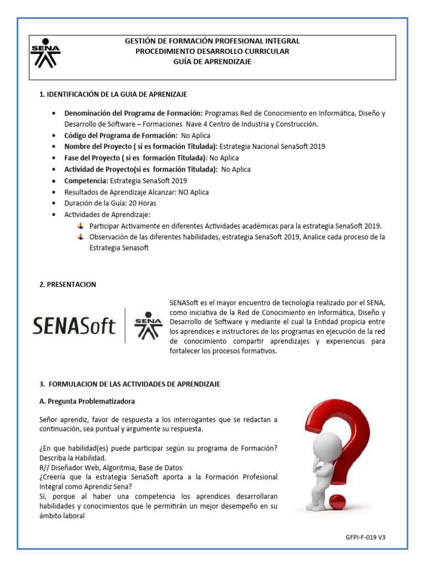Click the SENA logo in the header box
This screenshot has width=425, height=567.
(45, 54)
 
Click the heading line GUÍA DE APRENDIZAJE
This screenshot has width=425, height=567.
(212, 61)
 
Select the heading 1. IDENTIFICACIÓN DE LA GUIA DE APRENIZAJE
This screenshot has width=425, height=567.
(117, 95)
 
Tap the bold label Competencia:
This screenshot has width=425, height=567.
(86, 181)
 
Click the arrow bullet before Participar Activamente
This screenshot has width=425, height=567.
(81, 226)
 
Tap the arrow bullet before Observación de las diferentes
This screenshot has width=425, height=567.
(81, 237)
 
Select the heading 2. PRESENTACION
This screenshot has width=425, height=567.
(68, 285)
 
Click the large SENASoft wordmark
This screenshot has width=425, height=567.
(74, 326)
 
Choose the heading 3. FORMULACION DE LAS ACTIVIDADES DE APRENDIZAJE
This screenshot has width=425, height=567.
(130, 384)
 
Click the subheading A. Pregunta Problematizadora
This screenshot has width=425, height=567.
(87, 400)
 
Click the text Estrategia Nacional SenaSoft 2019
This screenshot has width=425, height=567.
(272, 147)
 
